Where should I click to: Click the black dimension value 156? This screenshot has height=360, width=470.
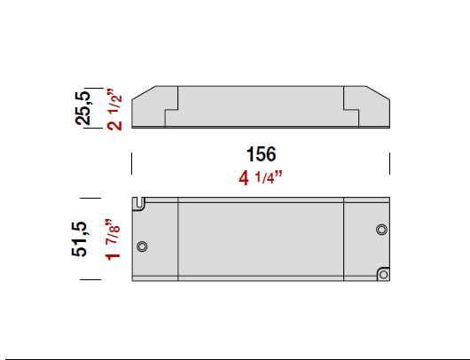point(260,153)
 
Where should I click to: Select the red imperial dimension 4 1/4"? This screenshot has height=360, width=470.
point(260,178)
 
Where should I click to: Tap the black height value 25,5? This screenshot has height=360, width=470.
point(82,106)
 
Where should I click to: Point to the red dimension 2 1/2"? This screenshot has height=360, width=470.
point(114,109)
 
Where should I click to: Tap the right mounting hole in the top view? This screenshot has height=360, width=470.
point(381,230)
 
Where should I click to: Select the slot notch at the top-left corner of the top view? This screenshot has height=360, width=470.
point(140,205)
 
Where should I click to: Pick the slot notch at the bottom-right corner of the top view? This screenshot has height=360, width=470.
point(382,273)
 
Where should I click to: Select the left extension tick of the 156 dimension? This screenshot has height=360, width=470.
point(132,164)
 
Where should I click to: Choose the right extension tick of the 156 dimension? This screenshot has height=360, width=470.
point(389,164)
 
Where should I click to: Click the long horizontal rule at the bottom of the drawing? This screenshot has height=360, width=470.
point(235,357)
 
